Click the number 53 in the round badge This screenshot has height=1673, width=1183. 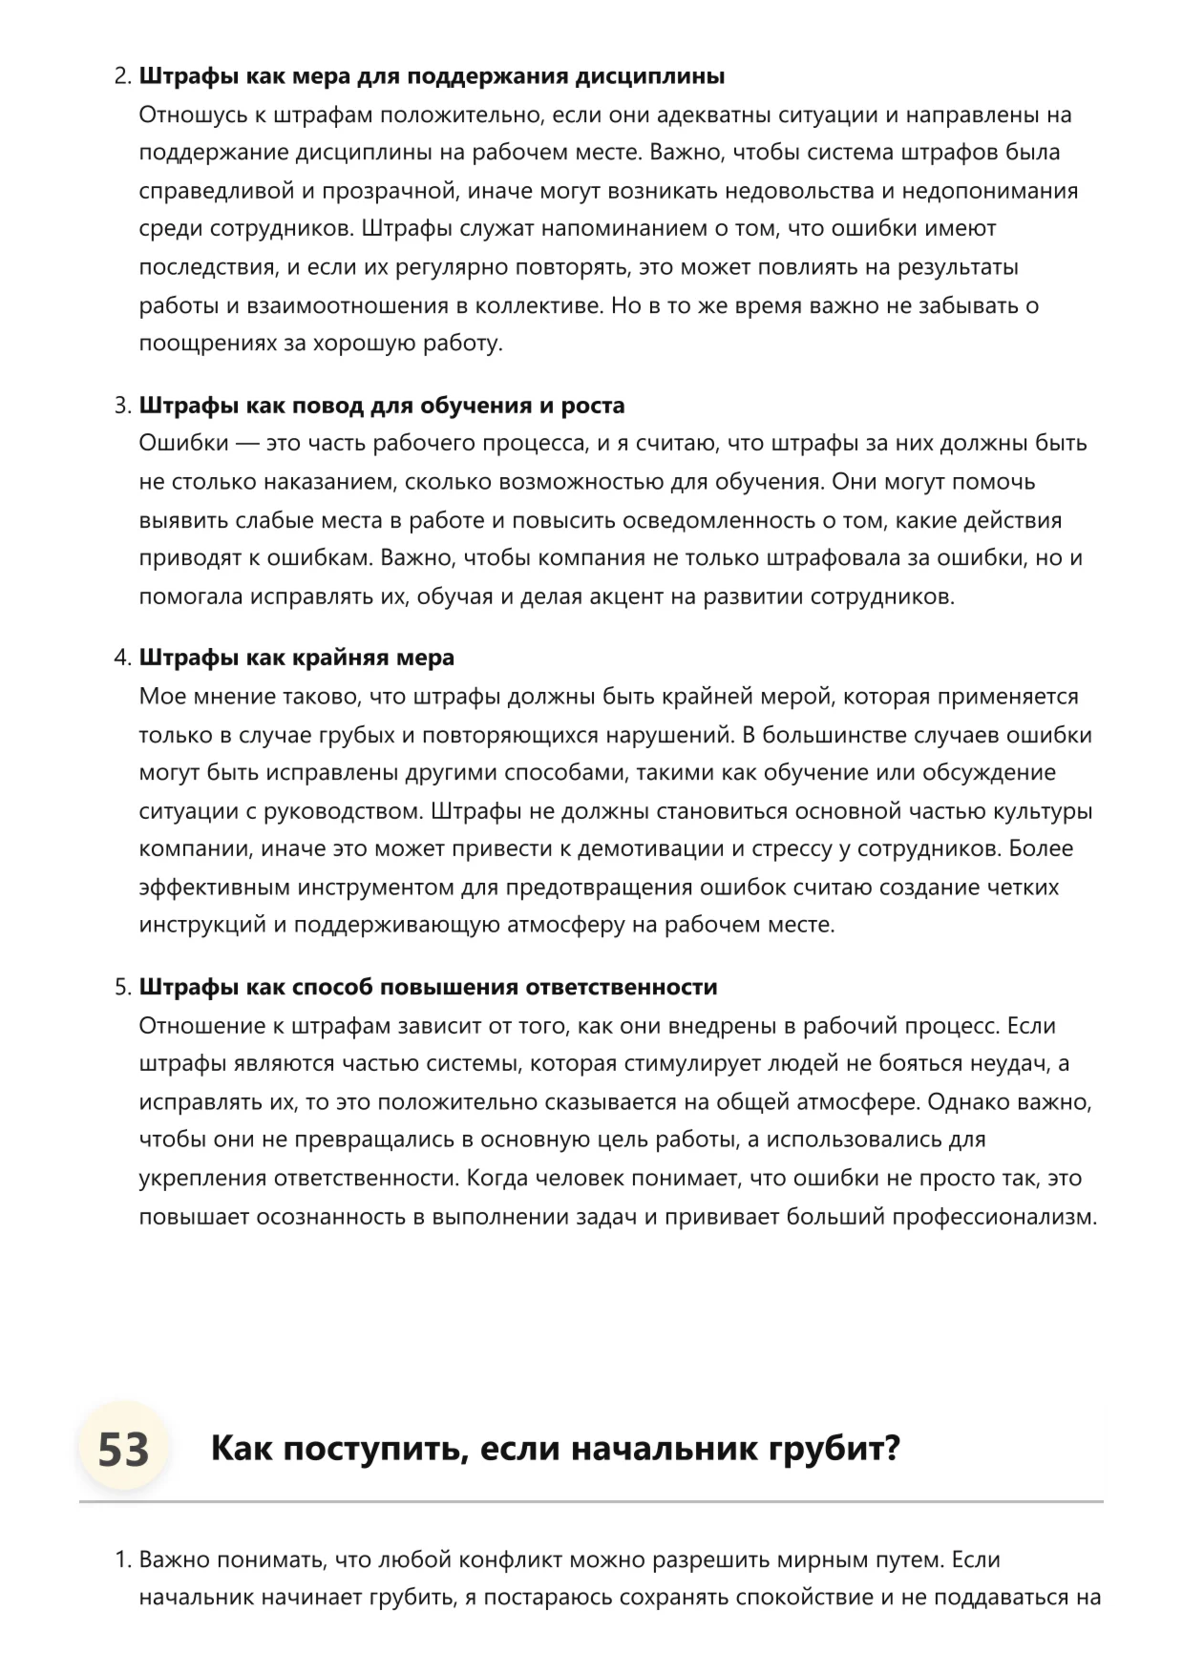click(x=124, y=1450)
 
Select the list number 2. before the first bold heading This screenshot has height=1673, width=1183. click(x=123, y=76)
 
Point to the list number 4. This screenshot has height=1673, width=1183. click(x=123, y=658)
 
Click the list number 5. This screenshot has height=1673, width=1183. click(x=123, y=987)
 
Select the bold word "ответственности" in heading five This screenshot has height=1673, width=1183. click(x=622, y=987)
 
